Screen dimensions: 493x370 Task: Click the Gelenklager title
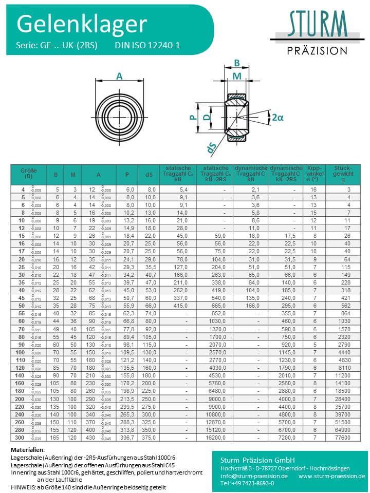(x=82, y=24)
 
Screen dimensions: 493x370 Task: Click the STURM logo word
(x=317, y=25)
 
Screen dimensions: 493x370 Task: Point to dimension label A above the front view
(x=120, y=75)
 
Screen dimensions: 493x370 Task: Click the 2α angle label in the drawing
(x=277, y=118)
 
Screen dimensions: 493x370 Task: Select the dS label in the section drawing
(x=211, y=148)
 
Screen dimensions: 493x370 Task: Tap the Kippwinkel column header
(x=313, y=174)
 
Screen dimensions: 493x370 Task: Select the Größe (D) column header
(x=28, y=174)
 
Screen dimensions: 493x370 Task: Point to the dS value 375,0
(x=150, y=438)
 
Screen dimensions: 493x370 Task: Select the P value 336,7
(x=127, y=438)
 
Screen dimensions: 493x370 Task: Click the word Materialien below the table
(x=29, y=450)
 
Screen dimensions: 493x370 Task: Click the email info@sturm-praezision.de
(x=254, y=476)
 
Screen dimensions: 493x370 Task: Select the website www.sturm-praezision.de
(x=331, y=476)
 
